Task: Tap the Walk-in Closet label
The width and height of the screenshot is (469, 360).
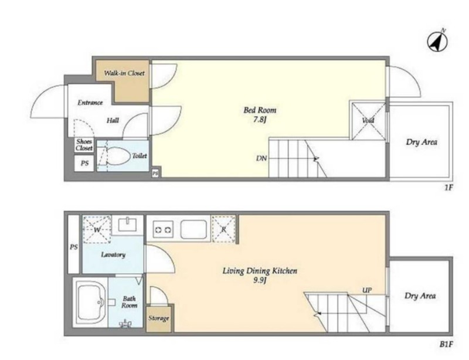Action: click(x=124, y=73)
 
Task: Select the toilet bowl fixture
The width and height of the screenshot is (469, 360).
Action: click(x=118, y=156)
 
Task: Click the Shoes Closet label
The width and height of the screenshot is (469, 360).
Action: click(x=84, y=145)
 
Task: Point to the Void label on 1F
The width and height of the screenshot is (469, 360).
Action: click(x=368, y=120)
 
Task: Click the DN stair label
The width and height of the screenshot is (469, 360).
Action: click(x=261, y=158)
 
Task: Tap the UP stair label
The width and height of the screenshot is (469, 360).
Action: click(x=367, y=290)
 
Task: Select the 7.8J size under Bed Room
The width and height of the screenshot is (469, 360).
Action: click(x=260, y=120)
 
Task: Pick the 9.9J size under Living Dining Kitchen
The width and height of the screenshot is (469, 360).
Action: click(x=260, y=281)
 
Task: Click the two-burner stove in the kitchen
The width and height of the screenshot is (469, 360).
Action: click(x=163, y=230)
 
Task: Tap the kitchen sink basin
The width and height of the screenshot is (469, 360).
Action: click(x=193, y=229)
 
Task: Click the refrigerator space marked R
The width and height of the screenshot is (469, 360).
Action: click(x=223, y=229)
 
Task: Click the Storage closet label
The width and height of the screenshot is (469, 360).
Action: click(x=158, y=318)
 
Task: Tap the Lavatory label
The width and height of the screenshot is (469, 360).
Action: click(x=113, y=255)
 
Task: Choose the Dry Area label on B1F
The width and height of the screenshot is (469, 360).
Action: click(x=420, y=296)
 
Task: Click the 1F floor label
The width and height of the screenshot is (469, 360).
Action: click(x=448, y=188)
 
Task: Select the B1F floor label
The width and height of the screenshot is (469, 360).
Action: click(x=446, y=344)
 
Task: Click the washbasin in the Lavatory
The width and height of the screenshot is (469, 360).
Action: click(x=127, y=225)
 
